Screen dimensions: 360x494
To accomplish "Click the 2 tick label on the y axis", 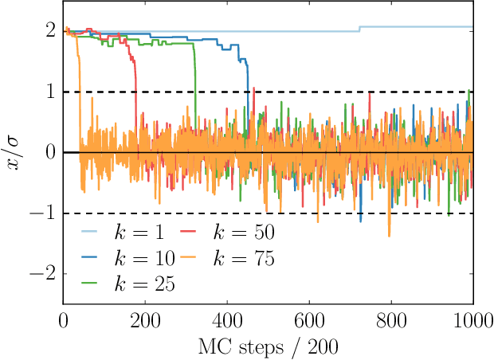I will coord(49,31).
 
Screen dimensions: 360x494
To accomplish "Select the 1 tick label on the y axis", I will coord(49,92).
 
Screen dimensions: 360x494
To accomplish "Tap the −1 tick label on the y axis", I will coord(44,213).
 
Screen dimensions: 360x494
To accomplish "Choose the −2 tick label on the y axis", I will coord(44,274).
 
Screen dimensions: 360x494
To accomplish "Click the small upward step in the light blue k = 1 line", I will coord(359,29).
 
